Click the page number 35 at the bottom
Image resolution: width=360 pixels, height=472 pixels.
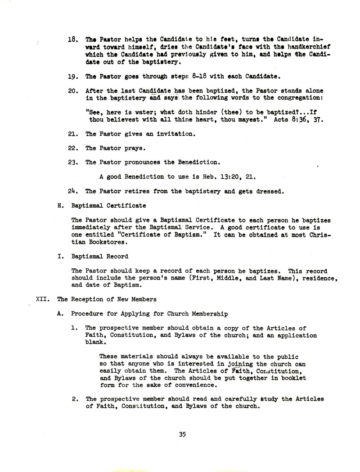[x=182, y=434]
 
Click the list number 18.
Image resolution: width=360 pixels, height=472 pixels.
[x=73, y=40]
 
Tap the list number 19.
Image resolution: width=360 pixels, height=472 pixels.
[x=73, y=77]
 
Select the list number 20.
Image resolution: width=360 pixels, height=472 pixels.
[x=73, y=90]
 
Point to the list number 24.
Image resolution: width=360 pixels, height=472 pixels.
[x=73, y=191]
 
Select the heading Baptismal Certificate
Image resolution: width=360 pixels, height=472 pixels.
[x=109, y=205]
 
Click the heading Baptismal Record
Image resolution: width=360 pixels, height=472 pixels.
[x=100, y=256]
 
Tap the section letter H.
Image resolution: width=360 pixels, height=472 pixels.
[x=60, y=205]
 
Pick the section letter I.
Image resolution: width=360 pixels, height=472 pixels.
[x=60, y=256]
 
